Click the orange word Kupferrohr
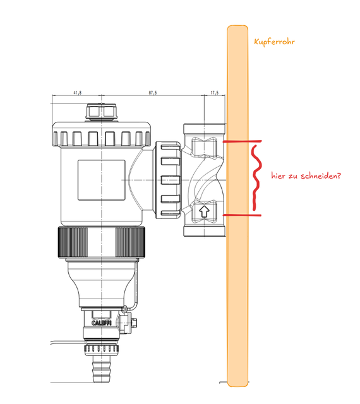coord(274,42)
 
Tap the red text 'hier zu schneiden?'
coord(306,175)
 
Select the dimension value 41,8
coord(78,93)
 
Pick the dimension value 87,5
coord(153,93)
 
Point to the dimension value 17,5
coord(215,93)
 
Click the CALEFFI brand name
coord(102,323)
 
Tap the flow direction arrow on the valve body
coord(205,211)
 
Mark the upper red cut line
coord(242,141)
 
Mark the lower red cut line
coord(242,215)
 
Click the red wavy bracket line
coord(256,178)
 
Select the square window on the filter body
coord(102,180)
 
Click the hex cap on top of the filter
coord(102,112)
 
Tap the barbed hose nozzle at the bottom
coord(102,369)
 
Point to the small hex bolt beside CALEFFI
coord(134,322)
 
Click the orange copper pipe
coord(237,206)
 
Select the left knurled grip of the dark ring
coord(73,242)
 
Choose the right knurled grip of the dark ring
coord(129,242)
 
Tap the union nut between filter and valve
coord(168,180)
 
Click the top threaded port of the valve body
coord(205,128)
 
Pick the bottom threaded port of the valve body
coord(205,231)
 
